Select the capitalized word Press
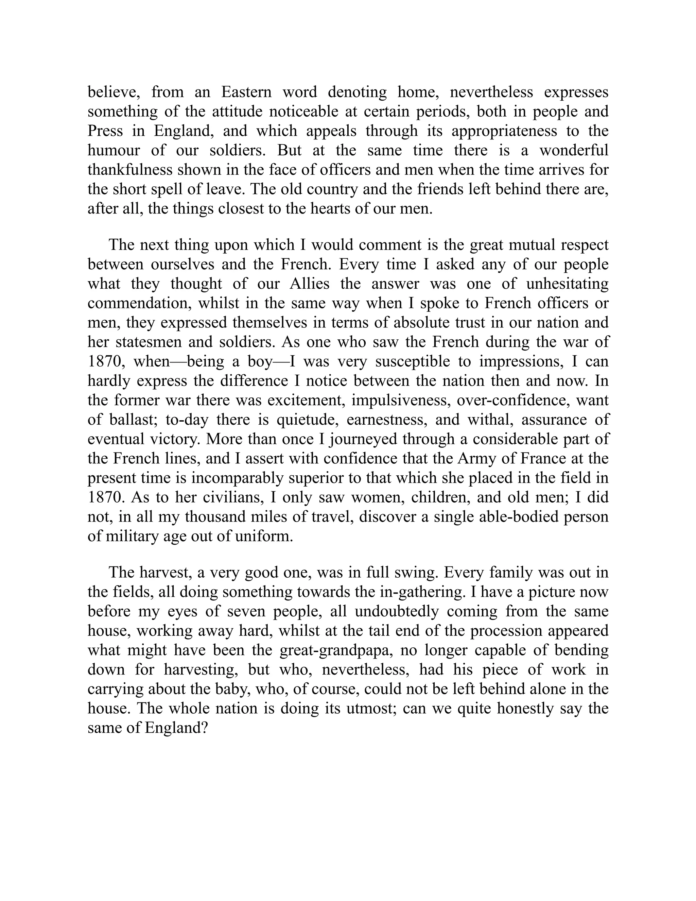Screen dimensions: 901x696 tap(105, 131)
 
